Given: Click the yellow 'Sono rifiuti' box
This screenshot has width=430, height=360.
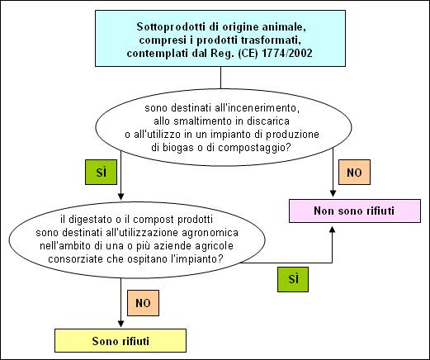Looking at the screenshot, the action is (x=120, y=340).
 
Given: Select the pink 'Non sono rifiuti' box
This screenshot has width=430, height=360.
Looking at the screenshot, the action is (x=355, y=211).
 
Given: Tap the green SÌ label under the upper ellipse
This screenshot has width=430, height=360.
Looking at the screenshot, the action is (x=101, y=173).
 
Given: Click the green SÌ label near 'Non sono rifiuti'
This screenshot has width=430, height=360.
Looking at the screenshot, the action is (x=293, y=279).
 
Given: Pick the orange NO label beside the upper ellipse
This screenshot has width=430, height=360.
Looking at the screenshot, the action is (x=354, y=173).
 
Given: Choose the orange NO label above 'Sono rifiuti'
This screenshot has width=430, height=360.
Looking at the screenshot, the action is (x=143, y=303).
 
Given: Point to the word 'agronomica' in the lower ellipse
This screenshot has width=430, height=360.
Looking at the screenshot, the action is (x=210, y=233).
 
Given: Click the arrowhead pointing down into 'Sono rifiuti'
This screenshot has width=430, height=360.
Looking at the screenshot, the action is (x=120, y=324).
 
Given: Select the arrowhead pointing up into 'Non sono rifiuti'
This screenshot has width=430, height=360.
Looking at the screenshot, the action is (x=333, y=230).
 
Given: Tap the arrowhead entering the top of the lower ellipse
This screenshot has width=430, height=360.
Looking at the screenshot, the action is (x=120, y=197).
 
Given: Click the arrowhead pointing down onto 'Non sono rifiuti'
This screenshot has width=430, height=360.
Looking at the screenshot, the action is (x=333, y=193).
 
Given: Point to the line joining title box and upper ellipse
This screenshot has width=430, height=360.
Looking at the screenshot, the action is (x=220, y=78).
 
